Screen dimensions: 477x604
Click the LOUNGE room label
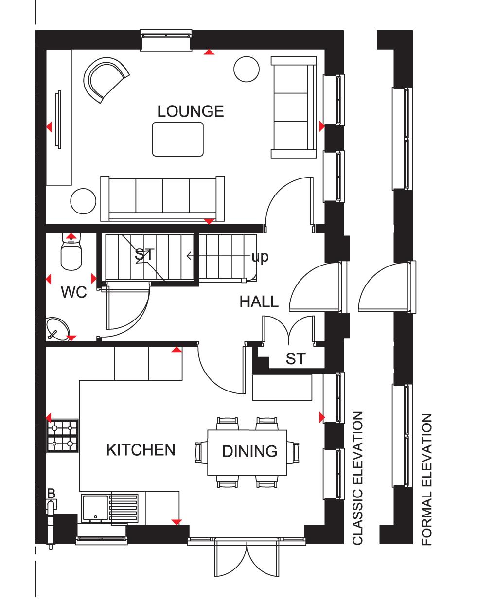[x=191, y=111]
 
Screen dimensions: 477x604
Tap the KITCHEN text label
[x=141, y=450]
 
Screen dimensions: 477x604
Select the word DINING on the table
[x=250, y=451]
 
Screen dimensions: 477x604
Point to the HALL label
[x=259, y=302]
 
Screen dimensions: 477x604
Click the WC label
[x=74, y=292]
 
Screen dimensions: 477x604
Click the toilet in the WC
[x=71, y=252]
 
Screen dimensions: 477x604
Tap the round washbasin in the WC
[x=57, y=329]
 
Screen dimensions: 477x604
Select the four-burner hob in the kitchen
[x=62, y=436]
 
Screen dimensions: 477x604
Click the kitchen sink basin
[x=95, y=508]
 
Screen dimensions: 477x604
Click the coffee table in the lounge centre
[x=178, y=139]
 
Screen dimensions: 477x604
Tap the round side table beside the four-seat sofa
[x=83, y=201]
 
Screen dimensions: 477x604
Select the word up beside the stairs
[x=260, y=257]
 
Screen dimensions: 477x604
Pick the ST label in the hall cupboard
[x=296, y=359]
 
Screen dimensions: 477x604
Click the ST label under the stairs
[x=144, y=254]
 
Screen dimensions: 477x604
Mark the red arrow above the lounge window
[x=209, y=52]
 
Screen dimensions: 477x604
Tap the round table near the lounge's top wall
[x=247, y=70]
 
